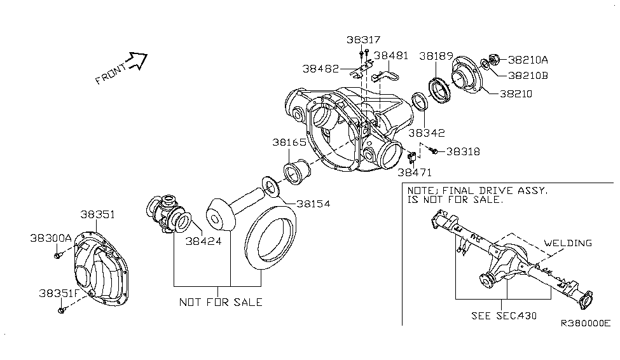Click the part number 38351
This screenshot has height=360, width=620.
[x=97, y=215]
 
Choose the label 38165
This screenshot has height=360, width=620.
[x=291, y=143]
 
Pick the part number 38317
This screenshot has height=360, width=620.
[x=364, y=39]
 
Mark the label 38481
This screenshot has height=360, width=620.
[x=391, y=56]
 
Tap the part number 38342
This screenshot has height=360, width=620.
[x=427, y=133]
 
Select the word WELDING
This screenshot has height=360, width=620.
[x=568, y=243]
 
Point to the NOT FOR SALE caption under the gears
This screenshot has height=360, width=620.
[x=220, y=302]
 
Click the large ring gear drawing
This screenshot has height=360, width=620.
[x=270, y=242]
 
